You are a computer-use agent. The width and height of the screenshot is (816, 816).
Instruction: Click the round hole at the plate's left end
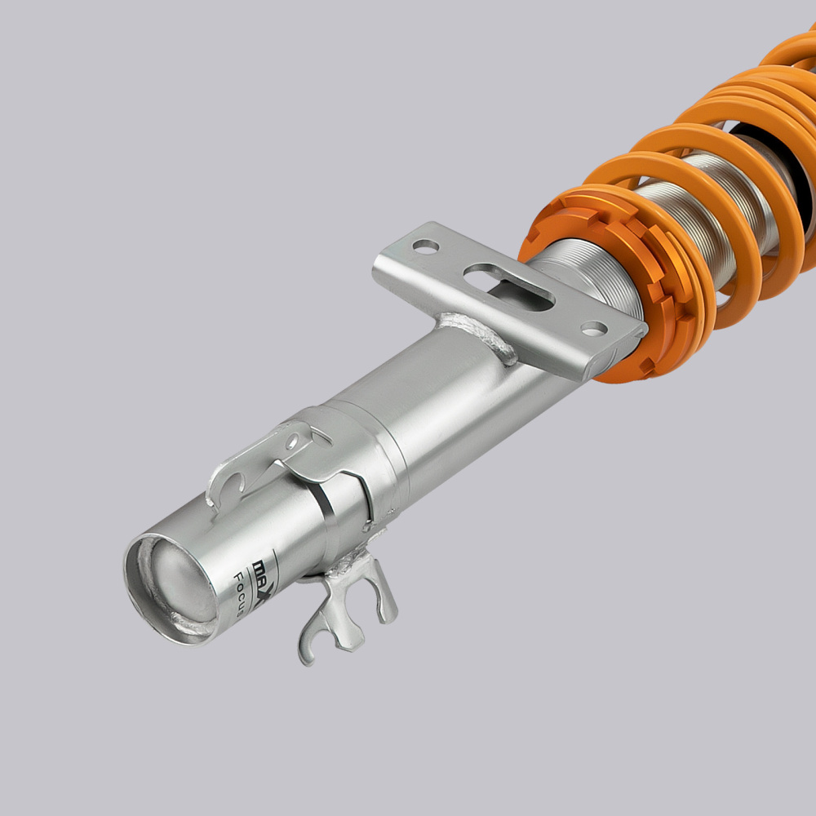click(425, 245)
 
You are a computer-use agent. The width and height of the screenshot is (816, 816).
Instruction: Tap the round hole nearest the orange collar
click(594, 328)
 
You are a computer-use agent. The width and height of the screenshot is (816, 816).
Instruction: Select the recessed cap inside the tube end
click(175, 583)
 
